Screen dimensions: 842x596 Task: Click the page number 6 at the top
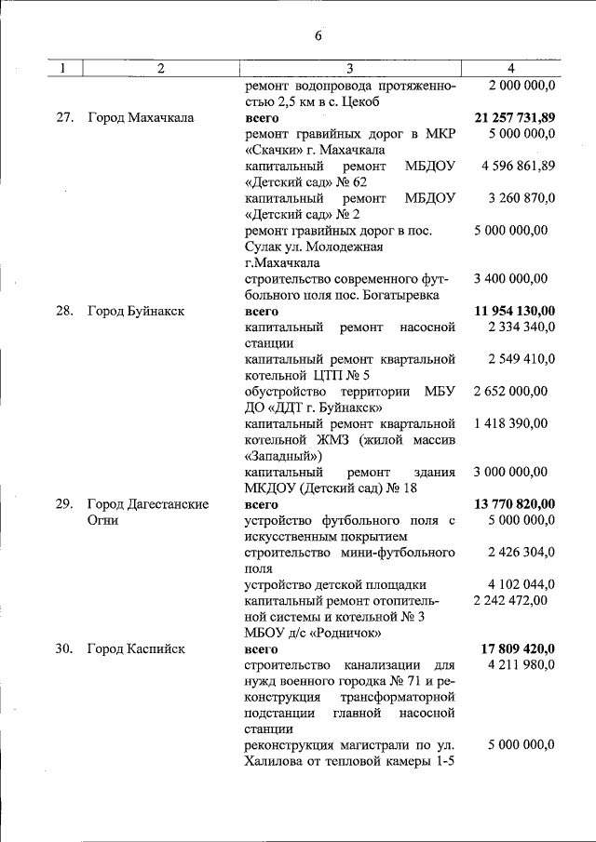click(x=318, y=36)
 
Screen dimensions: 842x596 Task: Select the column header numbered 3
click(x=350, y=68)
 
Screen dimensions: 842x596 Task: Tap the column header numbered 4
click(x=510, y=68)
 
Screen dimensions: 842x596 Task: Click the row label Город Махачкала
click(x=141, y=118)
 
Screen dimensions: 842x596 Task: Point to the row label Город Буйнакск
click(x=136, y=311)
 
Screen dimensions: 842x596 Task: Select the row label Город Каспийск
click(x=136, y=648)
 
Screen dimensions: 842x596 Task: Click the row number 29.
click(x=63, y=504)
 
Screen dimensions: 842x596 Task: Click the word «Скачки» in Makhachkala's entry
click(x=277, y=150)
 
